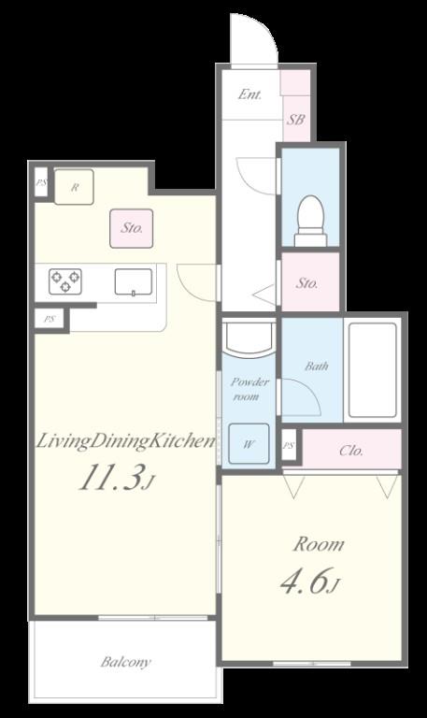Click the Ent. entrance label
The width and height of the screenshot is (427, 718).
point(249,94)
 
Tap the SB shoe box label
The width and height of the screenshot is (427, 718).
point(295,120)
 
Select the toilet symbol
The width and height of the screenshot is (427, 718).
point(309,219)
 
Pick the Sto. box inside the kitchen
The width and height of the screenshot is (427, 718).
point(132,227)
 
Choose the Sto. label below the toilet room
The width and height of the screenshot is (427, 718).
point(307,282)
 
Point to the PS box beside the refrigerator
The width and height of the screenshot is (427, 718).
point(41,183)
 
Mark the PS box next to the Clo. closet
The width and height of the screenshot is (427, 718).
point(290,446)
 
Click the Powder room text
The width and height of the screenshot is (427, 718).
point(250,389)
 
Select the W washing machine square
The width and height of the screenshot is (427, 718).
point(249,444)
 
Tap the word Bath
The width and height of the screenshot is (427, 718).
point(317,366)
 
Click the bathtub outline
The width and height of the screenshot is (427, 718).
point(372,369)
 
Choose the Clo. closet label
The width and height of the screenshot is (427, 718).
point(351,451)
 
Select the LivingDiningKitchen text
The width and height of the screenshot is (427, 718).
point(125,441)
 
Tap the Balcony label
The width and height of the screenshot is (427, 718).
point(125,662)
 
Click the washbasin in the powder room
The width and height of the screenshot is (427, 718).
point(250,337)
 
